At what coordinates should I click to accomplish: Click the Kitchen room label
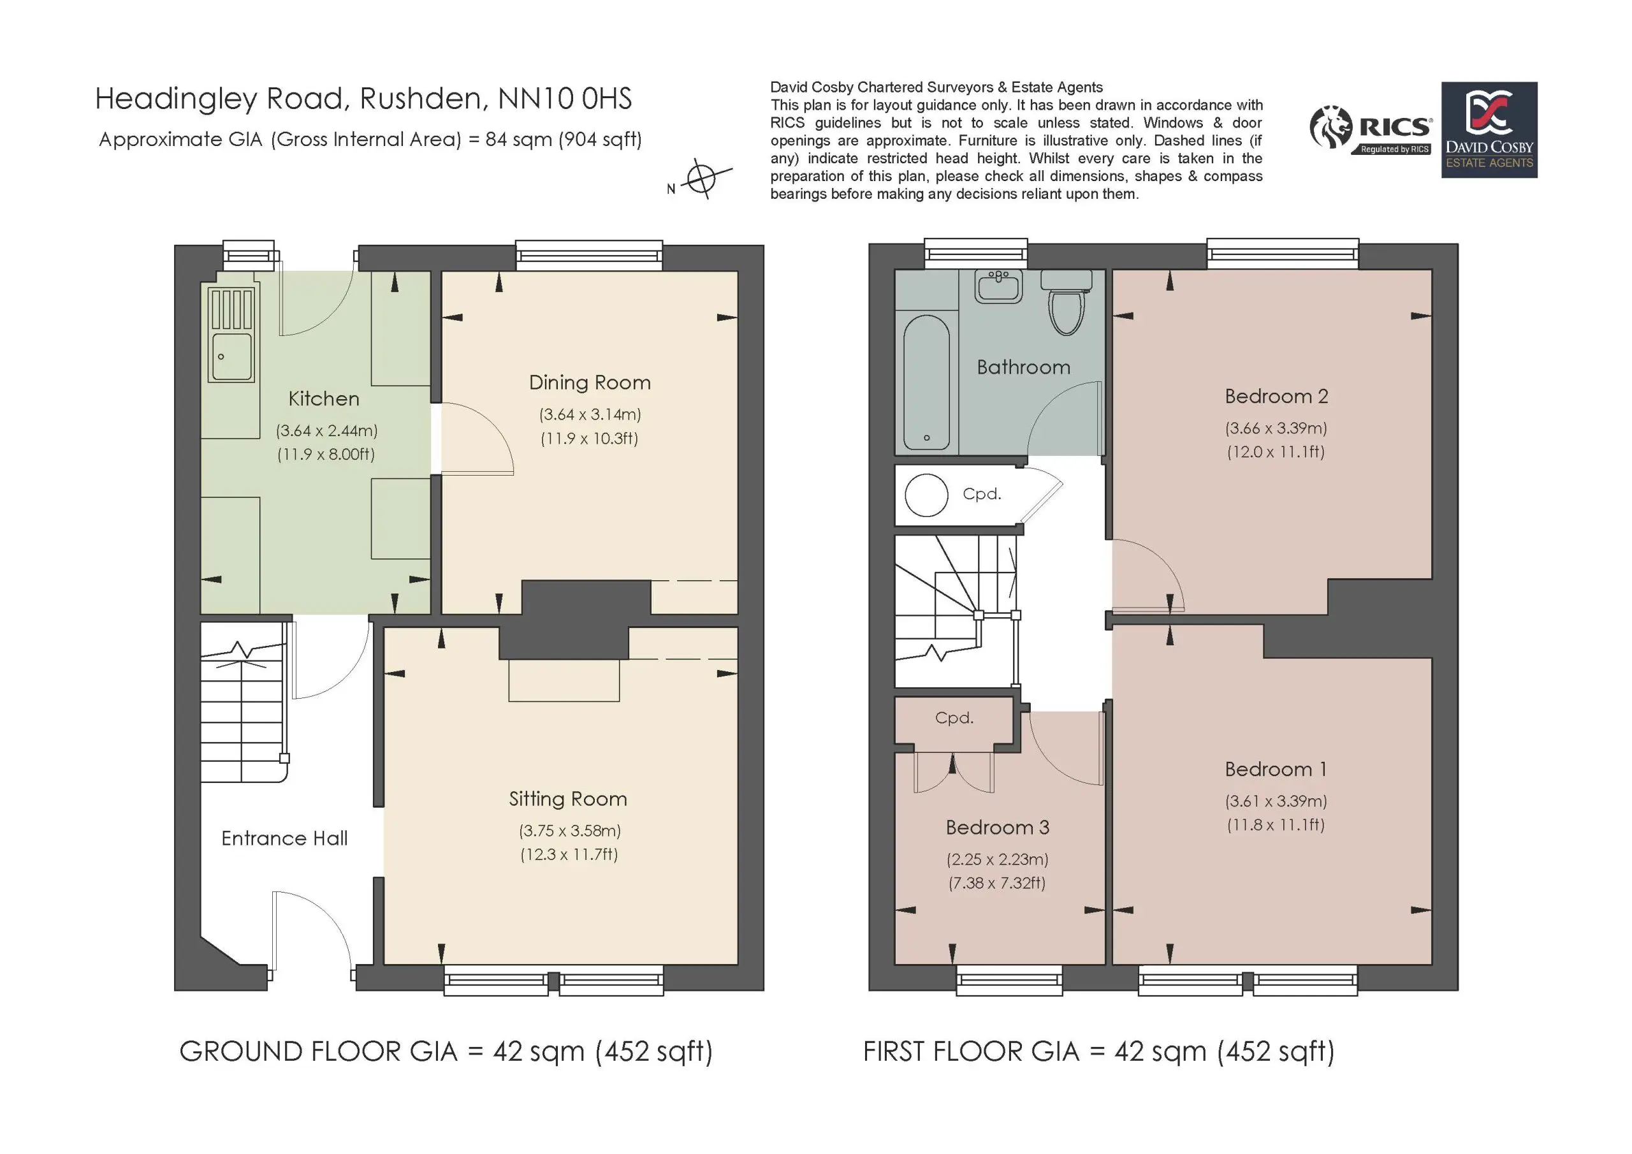click(323, 399)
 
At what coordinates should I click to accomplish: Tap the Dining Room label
click(590, 383)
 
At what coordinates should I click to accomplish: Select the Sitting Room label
click(568, 800)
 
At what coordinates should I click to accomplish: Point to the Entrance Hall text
click(284, 838)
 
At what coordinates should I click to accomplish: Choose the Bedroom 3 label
click(997, 827)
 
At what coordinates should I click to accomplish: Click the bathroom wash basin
click(1000, 286)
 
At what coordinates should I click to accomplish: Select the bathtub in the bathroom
click(926, 383)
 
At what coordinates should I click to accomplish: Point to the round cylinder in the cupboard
click(926, 495)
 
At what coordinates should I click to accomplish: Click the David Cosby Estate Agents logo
click(1489, 130)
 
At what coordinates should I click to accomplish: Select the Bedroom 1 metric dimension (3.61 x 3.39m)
click(1276, 801)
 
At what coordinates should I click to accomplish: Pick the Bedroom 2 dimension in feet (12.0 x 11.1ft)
click(1276, 451)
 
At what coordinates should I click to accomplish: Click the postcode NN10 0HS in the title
click(564, 99)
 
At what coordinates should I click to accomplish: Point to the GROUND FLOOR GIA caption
click(446, 1051)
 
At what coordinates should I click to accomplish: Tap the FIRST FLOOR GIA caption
click(1099, 1051)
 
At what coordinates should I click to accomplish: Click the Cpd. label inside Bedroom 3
click(954, 718)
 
